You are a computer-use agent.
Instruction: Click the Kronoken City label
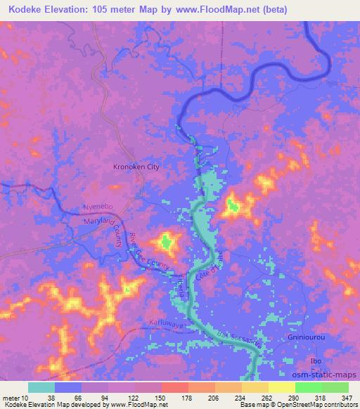tap(137, 167)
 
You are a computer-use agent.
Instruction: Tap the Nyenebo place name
tap(98, 209)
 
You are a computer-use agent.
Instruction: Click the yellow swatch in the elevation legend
tap(281, 387)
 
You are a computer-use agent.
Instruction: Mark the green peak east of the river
tap(232, 206)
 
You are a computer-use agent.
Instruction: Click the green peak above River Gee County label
tap(166, 243)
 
